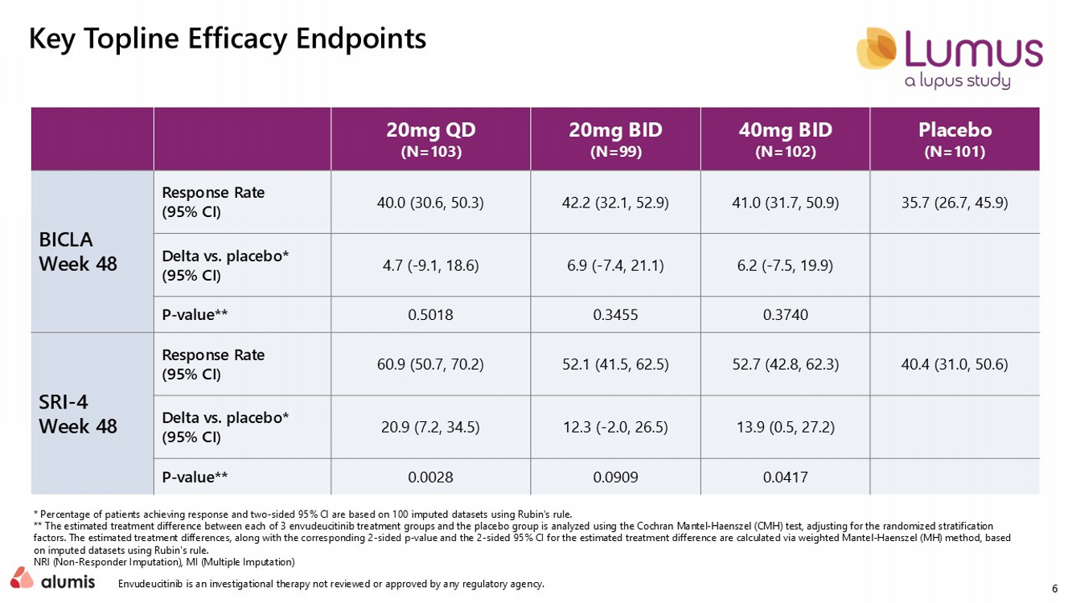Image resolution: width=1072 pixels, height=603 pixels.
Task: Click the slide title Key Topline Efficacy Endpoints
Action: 228,39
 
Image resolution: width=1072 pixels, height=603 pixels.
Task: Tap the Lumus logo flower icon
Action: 877,48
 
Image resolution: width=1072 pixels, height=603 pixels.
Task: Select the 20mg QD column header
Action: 431,139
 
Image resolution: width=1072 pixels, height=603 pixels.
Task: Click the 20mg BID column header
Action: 615,139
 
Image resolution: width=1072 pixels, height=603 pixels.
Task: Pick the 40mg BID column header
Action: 786,139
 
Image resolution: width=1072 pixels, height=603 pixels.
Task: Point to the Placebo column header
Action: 955,139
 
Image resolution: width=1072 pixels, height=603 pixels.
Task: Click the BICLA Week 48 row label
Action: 78,252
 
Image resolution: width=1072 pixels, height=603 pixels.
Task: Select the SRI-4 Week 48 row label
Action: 78,414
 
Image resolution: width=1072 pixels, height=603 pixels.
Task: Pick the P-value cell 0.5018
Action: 431,314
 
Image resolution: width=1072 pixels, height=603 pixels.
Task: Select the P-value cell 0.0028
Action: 431,477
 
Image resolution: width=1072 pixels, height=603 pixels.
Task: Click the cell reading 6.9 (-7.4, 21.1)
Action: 615,265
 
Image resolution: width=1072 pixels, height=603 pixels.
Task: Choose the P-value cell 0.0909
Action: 615,477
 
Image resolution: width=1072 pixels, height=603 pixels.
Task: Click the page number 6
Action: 1055,589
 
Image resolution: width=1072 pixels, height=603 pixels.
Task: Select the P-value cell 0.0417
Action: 786,477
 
